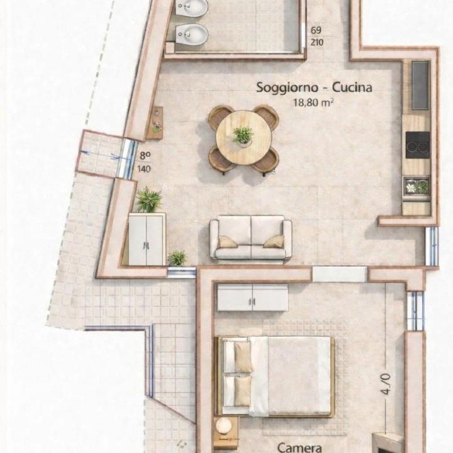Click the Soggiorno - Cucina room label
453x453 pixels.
(x=314, y=87)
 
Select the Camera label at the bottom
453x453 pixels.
(x=299, y=447)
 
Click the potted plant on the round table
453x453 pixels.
(x=243, y=135)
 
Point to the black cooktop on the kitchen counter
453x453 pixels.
(x=418, y=145)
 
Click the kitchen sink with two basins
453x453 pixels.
(x=417, y=187)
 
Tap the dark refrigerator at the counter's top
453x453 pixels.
(x=420, y=85)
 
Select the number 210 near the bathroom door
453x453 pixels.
(x=316, y=43)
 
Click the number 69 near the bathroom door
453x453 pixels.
(x=316, y=30)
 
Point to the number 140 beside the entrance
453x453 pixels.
(x=144, y=169)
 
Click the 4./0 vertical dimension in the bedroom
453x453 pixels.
(x=386, y=384)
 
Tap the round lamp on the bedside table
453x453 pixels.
(x=224, y=425)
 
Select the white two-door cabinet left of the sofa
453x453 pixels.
(x=147, y=239)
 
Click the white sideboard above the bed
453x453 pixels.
(x=253, y=298)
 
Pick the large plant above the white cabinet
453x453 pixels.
(x=148, y=199)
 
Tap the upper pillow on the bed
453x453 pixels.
(x=242, y=357)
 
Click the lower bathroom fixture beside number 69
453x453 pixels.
(x=191, y=34)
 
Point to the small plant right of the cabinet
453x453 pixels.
(x=177, y=258)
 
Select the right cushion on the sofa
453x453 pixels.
(x=274, y=242)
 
